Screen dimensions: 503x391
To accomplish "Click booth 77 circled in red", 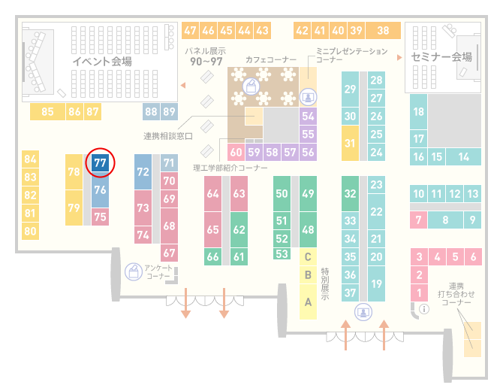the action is click(x=100, y=163).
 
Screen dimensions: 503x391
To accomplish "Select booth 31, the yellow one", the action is click(x=350, y=143).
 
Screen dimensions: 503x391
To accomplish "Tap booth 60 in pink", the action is click(x=236, y=152).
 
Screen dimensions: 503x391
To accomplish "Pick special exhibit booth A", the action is click(x=308, y=302).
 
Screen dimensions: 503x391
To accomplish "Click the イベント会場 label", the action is click(x=102, y=61).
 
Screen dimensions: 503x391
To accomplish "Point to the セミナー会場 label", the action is click(x=441, y=57).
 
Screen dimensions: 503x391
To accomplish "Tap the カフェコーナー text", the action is click(x=271, y=59).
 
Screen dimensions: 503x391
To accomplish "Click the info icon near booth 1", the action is click(x=424, y=309).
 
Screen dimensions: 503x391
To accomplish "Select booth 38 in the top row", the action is click(x=384, y=31).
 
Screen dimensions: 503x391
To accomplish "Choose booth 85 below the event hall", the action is click(x=47, y=112).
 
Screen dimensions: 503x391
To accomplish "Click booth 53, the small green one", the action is click(x=282, y=254).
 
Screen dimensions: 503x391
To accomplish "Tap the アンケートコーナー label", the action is click(x=158, y=271).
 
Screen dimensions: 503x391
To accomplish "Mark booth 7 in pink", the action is click(x=418, y=220).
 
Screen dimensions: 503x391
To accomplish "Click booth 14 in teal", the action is click(x=463, y=157).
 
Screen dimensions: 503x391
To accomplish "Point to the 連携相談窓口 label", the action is click(x=168, y=136).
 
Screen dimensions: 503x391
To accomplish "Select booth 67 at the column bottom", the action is click(x=169, y=253).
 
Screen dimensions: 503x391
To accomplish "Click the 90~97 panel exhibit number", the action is click(x=206, y=62).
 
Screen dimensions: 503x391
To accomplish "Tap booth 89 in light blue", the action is click(x=169, y=112).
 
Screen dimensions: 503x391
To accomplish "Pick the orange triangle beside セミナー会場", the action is click(x=399, y=57).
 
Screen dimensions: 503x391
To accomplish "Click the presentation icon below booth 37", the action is click(x=363, y=312).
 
